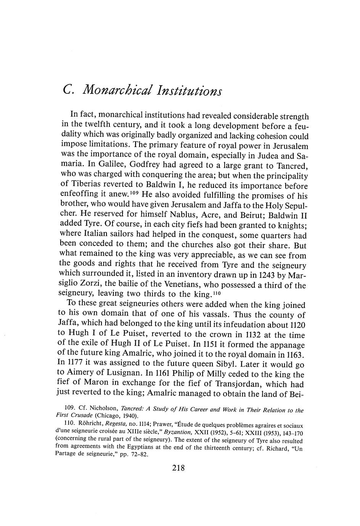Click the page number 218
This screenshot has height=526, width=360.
[x=178, y=468]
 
